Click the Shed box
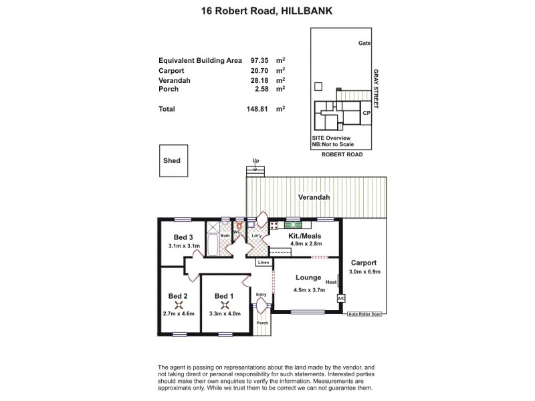(x=172, y=161)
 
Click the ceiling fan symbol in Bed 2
(x=179, y=304)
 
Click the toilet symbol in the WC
(x=237, y=226)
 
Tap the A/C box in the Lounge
(x=340, y=298)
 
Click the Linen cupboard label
(x=263, y=263)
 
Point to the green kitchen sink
(x=293, y=226)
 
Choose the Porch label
(x=261, y=323)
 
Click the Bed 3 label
(x=183, y=237)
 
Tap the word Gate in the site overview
(x=364, y=43)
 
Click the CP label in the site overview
(x=366, y=114)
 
